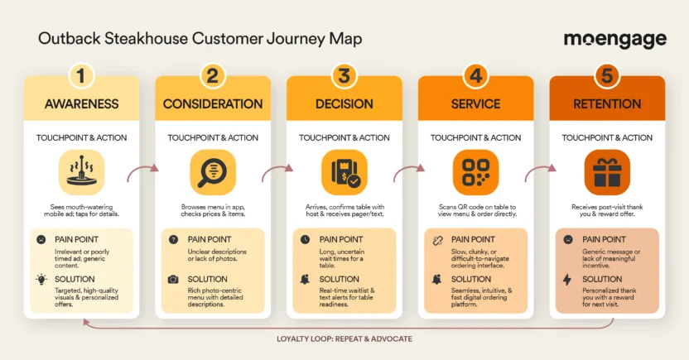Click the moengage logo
(614, 40)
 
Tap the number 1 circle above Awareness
(80, 76)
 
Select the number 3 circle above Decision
(344, 76)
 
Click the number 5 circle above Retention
(607, 76)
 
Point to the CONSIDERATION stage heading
(213, 104)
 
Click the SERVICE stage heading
(475, 104)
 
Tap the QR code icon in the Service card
(475, 172)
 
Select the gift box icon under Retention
(607, 172)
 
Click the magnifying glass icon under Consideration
(213, 172)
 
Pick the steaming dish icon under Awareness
(81, 172)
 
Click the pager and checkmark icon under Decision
(344, 172)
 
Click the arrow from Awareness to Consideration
(142, 172)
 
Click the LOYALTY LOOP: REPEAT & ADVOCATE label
(344, 339)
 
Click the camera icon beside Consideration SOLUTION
(173, 280)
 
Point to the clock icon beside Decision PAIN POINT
(305, 239)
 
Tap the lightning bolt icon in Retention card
(567, 280)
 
